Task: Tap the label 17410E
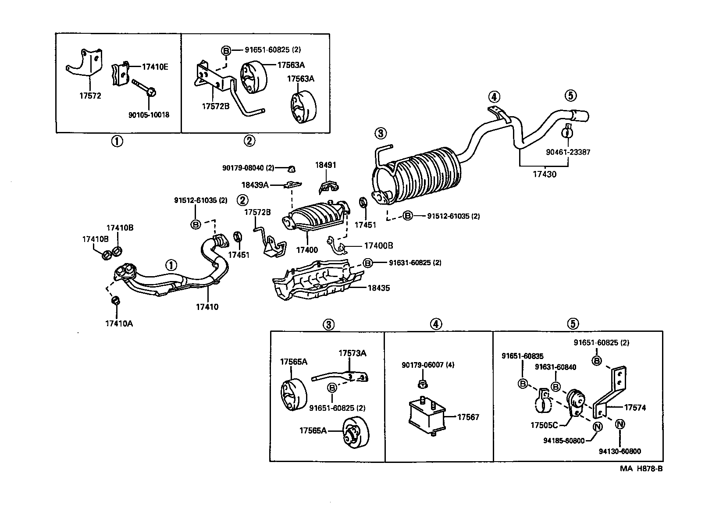point(155,67)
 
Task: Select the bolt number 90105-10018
point(149,115)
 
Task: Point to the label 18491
point(325,165)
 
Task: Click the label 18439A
point(254,185)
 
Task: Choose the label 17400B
point(379,246)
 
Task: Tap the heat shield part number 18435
point(378,288)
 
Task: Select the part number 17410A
point(119,324)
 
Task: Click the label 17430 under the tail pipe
point(544,174)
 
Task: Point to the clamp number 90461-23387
point(568,152)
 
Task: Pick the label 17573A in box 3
point(352,353)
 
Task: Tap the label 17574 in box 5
point(635,408)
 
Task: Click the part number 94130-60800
point(619,451)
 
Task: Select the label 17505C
point(544,425)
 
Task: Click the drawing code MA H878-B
point(641,469)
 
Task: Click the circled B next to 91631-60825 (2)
point(367,263)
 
